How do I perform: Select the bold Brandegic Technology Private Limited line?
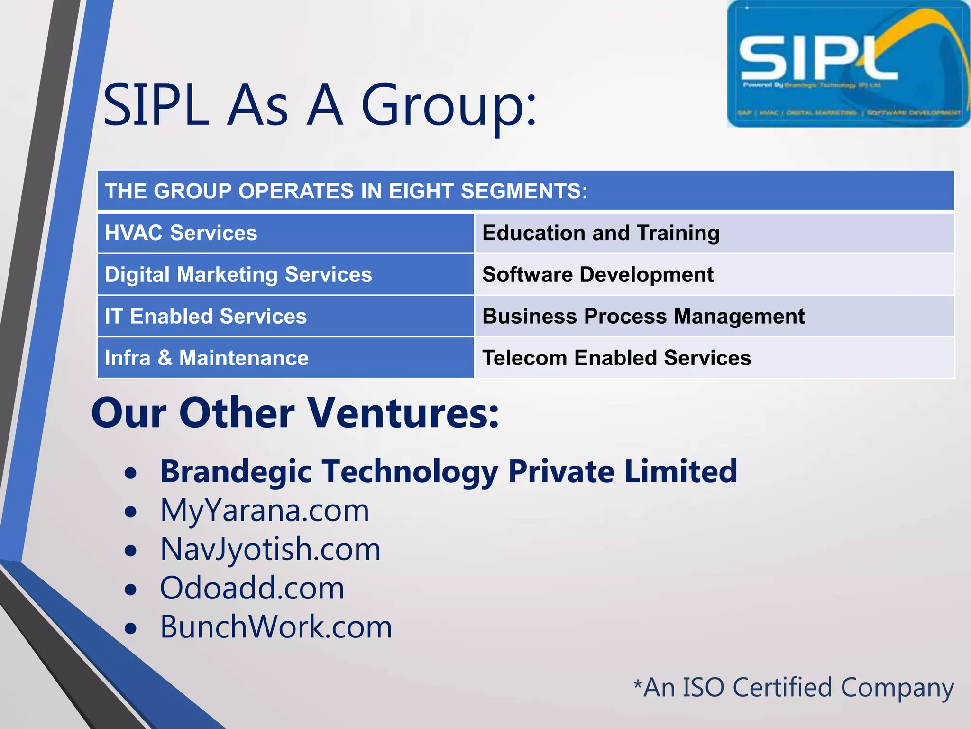449,472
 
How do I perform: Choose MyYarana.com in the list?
265,511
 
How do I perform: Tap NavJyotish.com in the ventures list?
270,550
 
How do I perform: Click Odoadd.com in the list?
252,589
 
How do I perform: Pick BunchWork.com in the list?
276,627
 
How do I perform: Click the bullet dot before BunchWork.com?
130,629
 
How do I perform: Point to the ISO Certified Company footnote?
794,688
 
